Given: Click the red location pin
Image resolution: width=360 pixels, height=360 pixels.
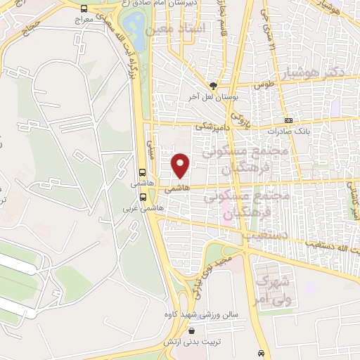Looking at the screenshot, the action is (x=181, y=165).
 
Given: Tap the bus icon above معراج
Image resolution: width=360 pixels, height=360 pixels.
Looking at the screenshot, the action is (x=84, y=9).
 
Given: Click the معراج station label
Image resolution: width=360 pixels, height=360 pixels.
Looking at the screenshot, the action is (x=84, y=21).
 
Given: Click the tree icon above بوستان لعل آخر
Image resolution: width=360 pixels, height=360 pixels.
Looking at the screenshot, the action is (x=210, y=84).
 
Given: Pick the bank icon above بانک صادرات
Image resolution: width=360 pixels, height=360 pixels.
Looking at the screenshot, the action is (x=289, y=121).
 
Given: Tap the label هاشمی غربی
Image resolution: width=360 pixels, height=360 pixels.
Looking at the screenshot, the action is (x=143, y=209).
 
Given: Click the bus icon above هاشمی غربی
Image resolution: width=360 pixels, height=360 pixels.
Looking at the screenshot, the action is (x=143, y=198).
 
